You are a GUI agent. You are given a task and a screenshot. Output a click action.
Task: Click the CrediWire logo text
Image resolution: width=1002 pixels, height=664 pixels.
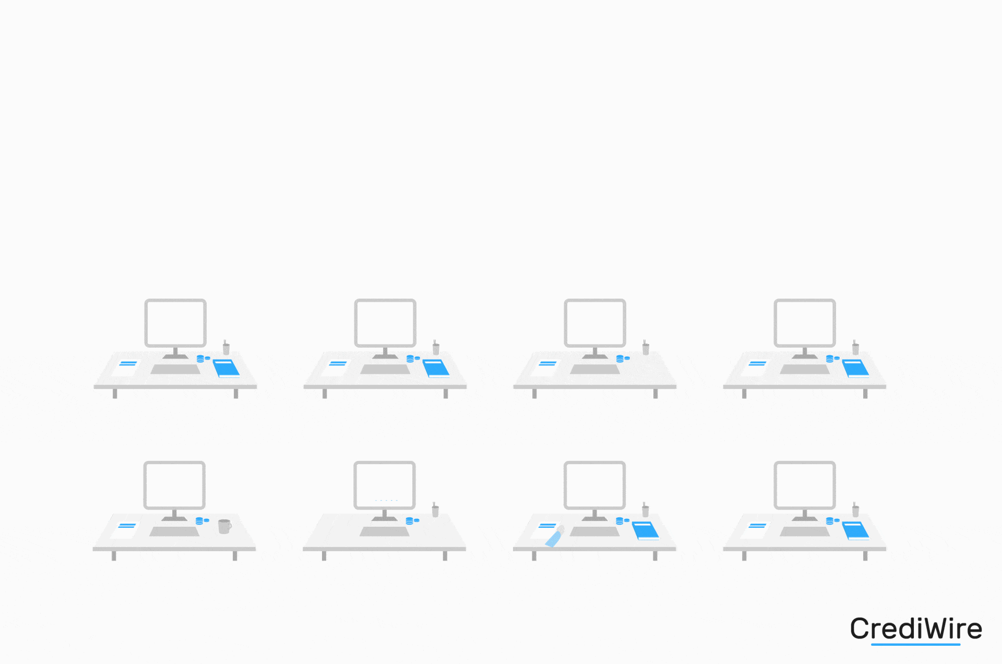(x=916, y=628)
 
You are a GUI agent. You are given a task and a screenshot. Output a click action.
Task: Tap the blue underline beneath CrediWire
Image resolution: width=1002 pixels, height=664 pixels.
(x=915, y=645)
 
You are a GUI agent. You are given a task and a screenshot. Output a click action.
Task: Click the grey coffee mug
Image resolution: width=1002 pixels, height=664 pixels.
(x=224, y=526)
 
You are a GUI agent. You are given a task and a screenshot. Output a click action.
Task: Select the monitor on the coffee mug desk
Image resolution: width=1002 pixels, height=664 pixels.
(x=174, y=485)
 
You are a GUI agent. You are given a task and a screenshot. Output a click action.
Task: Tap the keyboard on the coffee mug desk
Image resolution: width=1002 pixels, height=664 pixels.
(x=174, y=531)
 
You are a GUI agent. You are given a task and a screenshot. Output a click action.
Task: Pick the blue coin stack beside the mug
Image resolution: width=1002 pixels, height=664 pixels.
(x=200, y=521)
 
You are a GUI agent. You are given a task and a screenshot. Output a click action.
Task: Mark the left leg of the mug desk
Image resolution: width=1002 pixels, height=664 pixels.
(x=114, y=556)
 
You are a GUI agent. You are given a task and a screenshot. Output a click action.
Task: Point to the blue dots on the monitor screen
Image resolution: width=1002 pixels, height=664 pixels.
(x=386, y=500)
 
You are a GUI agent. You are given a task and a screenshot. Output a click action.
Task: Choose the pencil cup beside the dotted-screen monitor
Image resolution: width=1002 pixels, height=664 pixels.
(x=435, y=511)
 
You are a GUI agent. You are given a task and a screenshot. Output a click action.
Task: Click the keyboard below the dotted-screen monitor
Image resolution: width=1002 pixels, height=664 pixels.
(x=384, y=531)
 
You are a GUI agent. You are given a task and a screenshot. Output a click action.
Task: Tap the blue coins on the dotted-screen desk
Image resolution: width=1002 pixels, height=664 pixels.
(x=411, y=521)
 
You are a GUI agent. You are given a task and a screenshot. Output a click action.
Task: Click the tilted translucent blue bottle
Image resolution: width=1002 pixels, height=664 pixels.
(x=554, y=538)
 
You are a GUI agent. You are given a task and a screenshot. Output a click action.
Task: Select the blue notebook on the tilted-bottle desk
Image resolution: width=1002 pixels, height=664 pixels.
(x=646, y=530)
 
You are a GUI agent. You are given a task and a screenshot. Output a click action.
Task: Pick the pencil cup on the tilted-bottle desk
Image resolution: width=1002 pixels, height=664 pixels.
(x=645, y=510)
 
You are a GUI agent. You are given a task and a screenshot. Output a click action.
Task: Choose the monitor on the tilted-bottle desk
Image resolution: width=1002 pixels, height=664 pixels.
(x=594, y=485)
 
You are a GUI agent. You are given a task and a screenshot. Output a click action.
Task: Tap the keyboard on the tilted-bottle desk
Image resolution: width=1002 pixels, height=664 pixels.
(x=594, y=531)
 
